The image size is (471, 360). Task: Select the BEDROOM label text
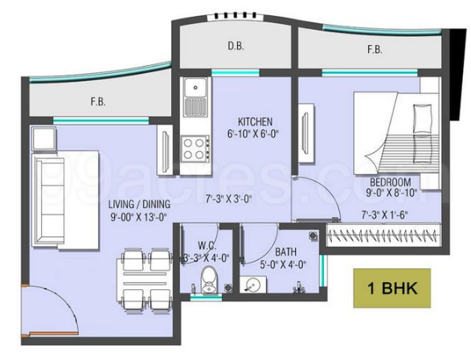point(391,182)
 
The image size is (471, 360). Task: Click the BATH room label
point(285,251)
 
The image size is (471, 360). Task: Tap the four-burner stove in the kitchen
point(195,146)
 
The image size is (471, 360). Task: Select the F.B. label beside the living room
point(99,102)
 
